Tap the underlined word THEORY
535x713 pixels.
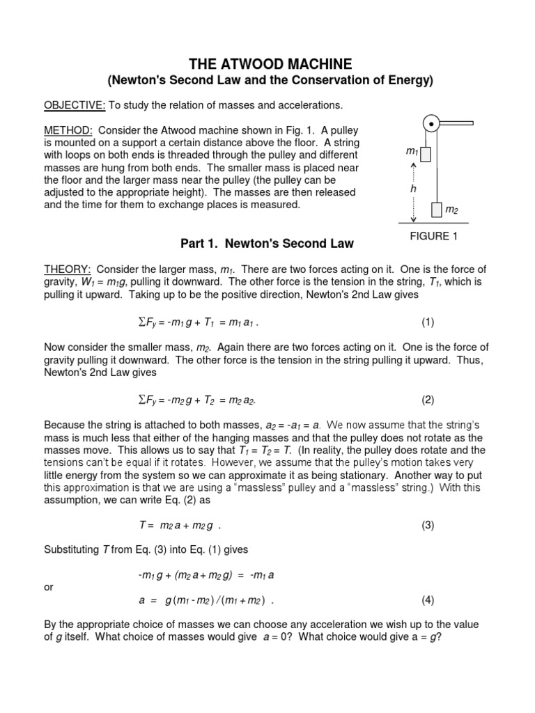pos(68,269)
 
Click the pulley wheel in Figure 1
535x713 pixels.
pos(432,125)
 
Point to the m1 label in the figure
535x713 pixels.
pos(411,151)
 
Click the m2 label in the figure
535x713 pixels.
pos(451,210)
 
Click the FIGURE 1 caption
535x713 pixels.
pos(433,236)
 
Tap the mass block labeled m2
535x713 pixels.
pos(437,209)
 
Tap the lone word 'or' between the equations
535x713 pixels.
pos(49,587)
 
